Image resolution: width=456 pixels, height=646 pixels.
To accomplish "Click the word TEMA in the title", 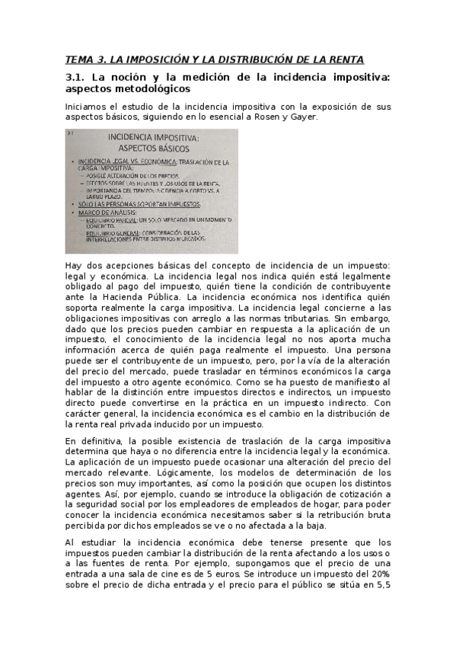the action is tap(78, 59).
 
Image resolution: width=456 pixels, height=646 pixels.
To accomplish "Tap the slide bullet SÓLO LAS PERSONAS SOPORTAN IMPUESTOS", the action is tap(142, 205).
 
